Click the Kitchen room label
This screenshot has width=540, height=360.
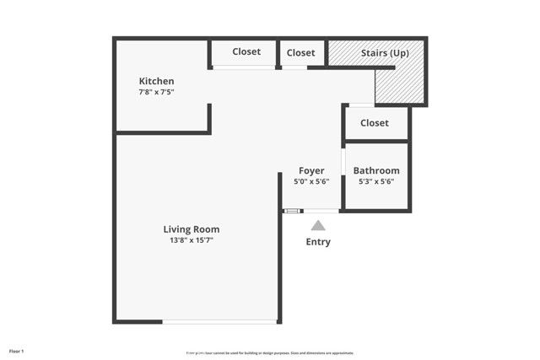pyautogui.click(x=156, y=81)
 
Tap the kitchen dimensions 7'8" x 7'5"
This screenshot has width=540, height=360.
pyautogui.click(x=156, y=92)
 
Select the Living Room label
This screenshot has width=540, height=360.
pyautogui.click(x=192, y=228)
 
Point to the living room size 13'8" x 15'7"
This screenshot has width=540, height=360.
pyautogui.click(x=192, y=240)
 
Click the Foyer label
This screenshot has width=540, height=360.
pyautogui.click(x=311, y=170)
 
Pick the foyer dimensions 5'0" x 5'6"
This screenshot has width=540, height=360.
pyautogui.click(x=311, y=181)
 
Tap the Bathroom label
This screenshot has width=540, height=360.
pyautogui.click(x=376, y=170)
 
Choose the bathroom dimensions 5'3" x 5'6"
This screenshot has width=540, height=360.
pyautogui.click(x=376, y=181)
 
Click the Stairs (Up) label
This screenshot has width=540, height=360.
pyautogui.click(x=385, y=52)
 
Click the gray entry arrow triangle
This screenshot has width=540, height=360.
pyautogui.click(x=318, y=225)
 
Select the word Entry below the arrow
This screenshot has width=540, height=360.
pyautogui.click(x=318, y=242)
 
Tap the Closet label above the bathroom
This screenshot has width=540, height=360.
pyautogui.click(x=375, y=123)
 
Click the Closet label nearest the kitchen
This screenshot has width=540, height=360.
pyautogui.click(x=246, y=51)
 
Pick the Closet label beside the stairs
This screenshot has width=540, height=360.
pyautogui.click(x=300, y=52)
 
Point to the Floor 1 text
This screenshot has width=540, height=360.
pyautogui.click(x=17, y=350)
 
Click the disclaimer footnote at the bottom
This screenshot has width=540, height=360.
pyautogui.click(x=270, y=352)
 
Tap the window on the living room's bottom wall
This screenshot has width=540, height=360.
pyautogui.click(x=219, y=321)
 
